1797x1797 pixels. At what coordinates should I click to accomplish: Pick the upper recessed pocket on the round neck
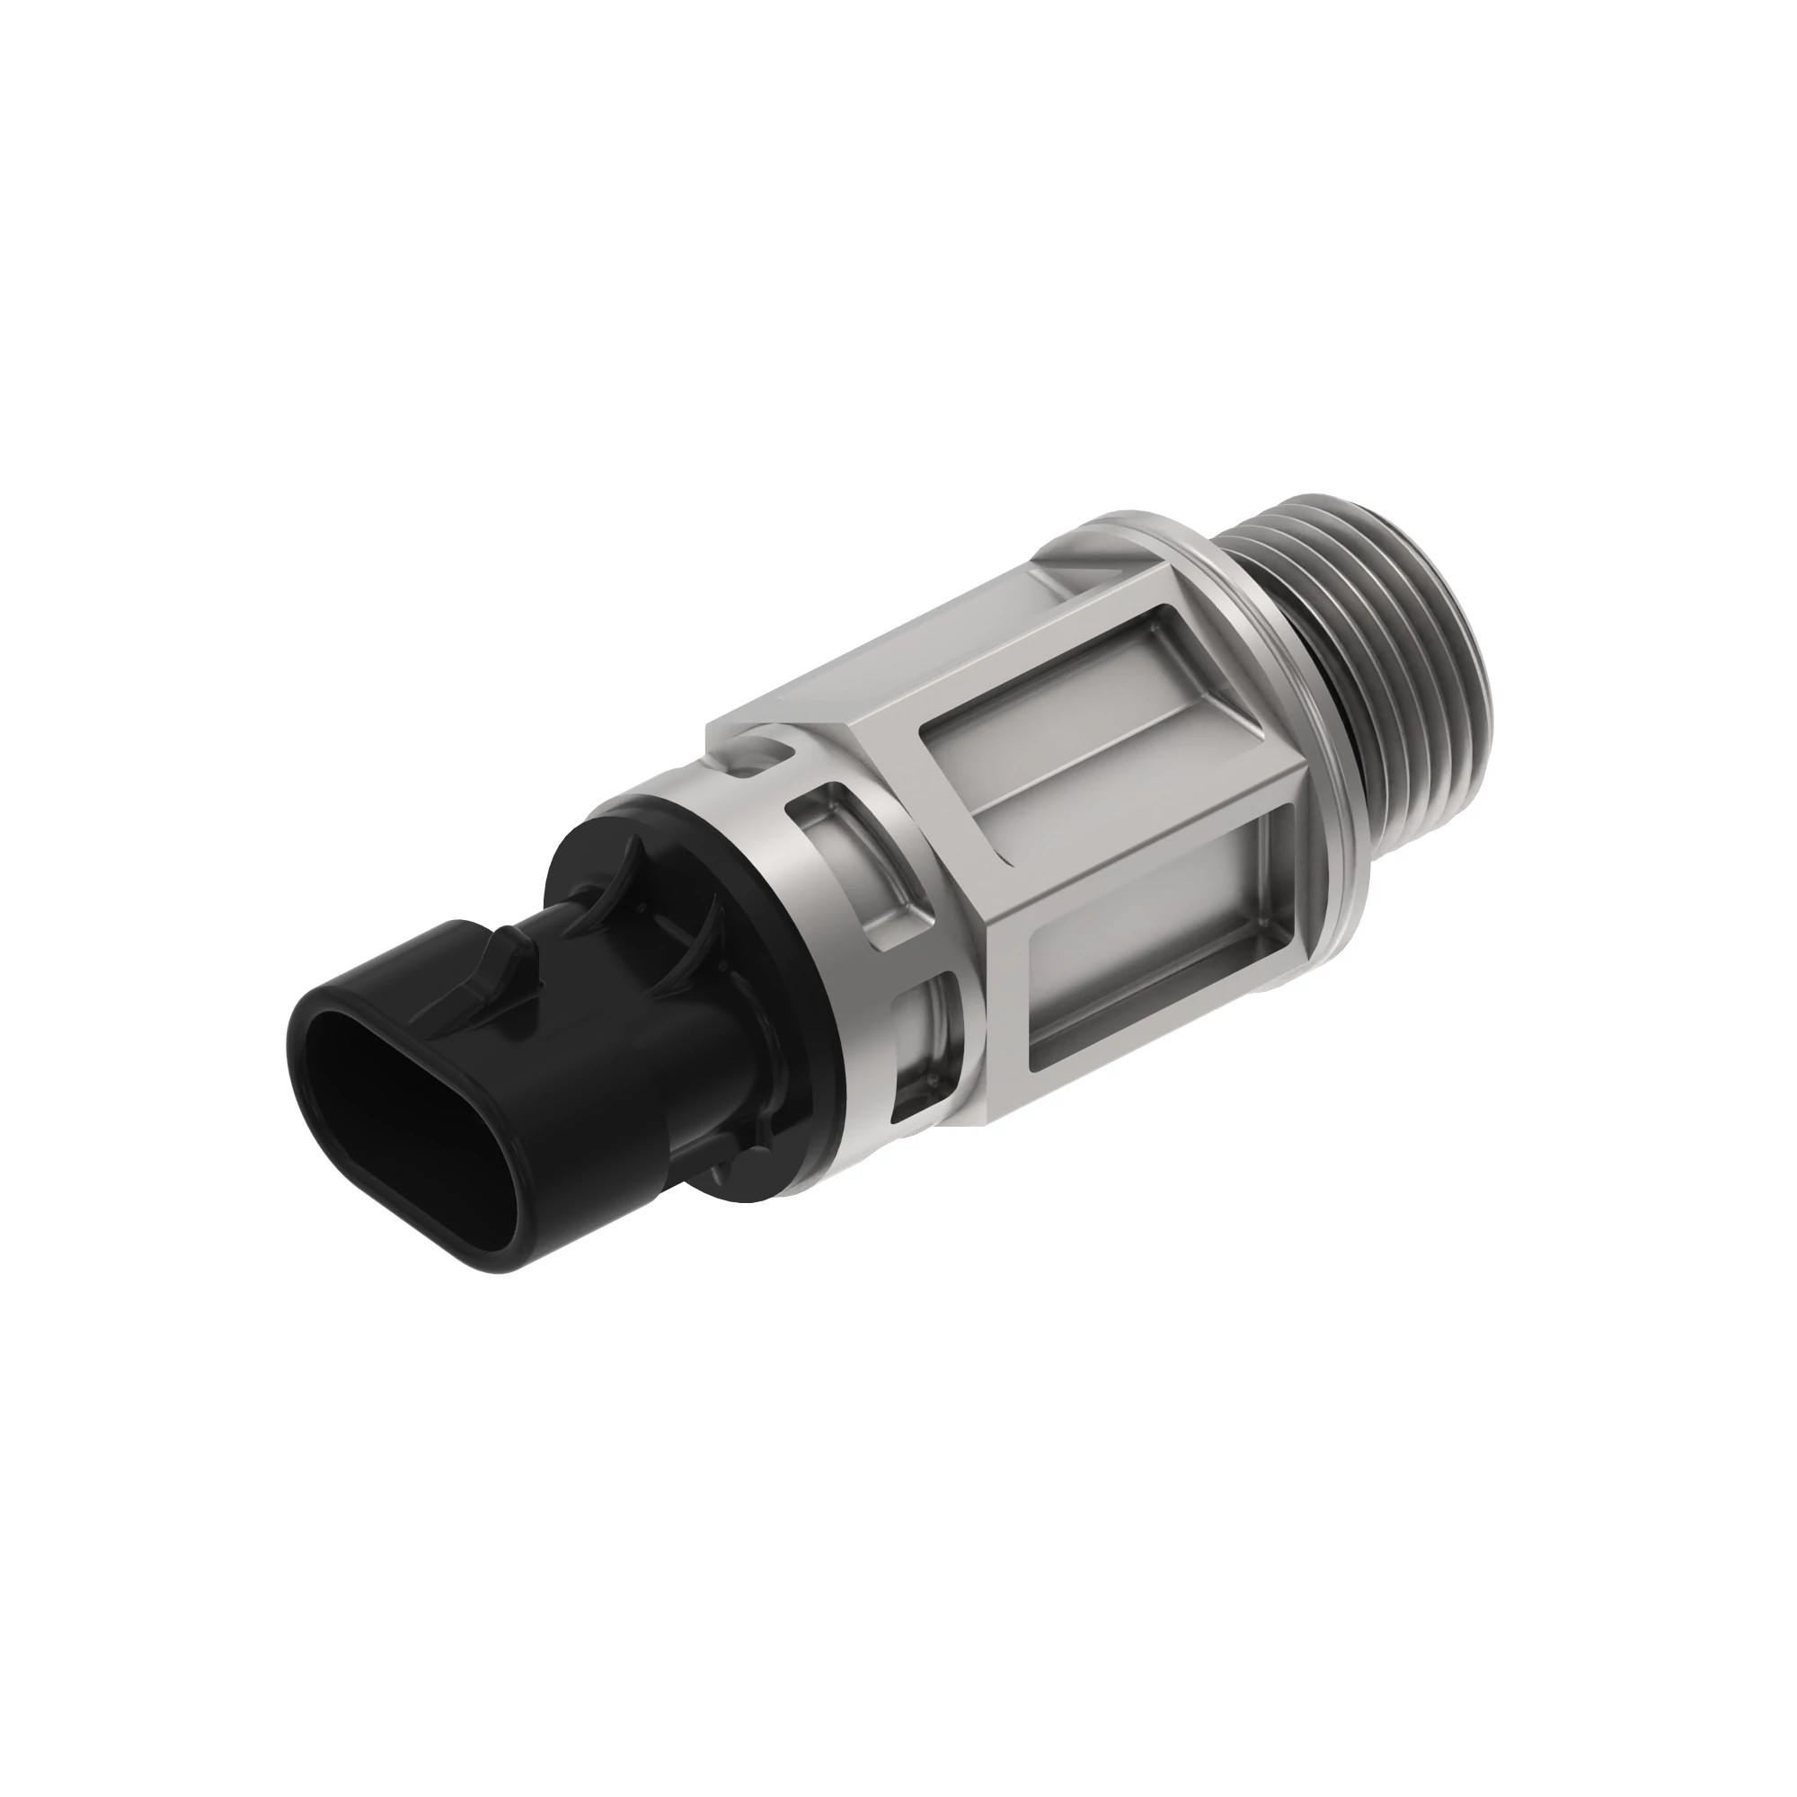(851, 842)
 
